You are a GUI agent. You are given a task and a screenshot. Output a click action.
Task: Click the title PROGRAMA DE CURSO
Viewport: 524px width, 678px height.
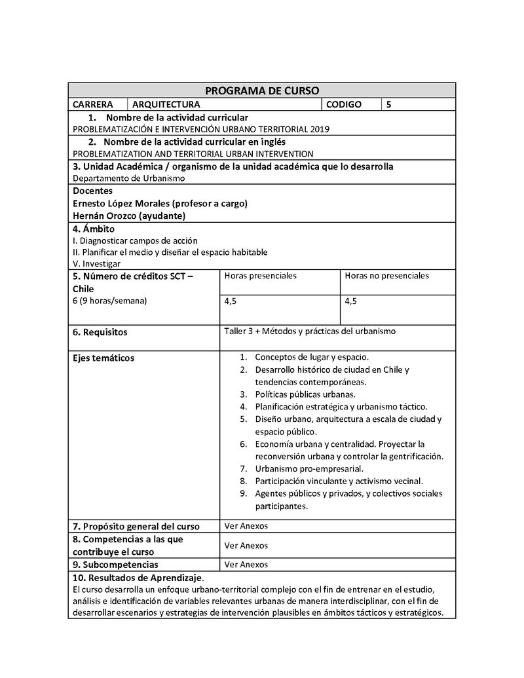point(262,90)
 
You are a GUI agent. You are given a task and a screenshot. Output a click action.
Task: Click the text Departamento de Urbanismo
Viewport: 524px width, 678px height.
point(129,178)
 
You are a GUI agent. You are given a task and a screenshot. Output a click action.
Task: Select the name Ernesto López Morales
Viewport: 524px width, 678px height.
point(120,203)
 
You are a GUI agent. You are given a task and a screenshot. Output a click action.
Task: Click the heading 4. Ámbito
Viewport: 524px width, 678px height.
point(94,229)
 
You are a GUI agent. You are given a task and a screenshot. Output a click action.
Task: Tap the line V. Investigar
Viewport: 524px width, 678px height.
point(97,263)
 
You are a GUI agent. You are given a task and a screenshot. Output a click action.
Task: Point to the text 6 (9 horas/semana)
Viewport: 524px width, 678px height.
point(110,301)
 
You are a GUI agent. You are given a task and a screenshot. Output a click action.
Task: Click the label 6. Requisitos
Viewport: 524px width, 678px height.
point(100,332)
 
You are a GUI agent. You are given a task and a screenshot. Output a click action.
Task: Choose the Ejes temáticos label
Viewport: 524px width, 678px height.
point(103,358)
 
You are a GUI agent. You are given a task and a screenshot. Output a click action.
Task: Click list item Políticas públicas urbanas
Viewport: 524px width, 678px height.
point(305,394)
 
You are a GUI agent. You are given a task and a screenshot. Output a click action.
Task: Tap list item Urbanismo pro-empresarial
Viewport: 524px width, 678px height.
point(309,468)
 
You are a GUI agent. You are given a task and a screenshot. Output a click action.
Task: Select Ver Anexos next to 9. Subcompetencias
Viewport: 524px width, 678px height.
point(246,564)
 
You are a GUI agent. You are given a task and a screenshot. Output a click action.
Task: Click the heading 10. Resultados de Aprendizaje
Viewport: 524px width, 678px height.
point(138,577)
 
